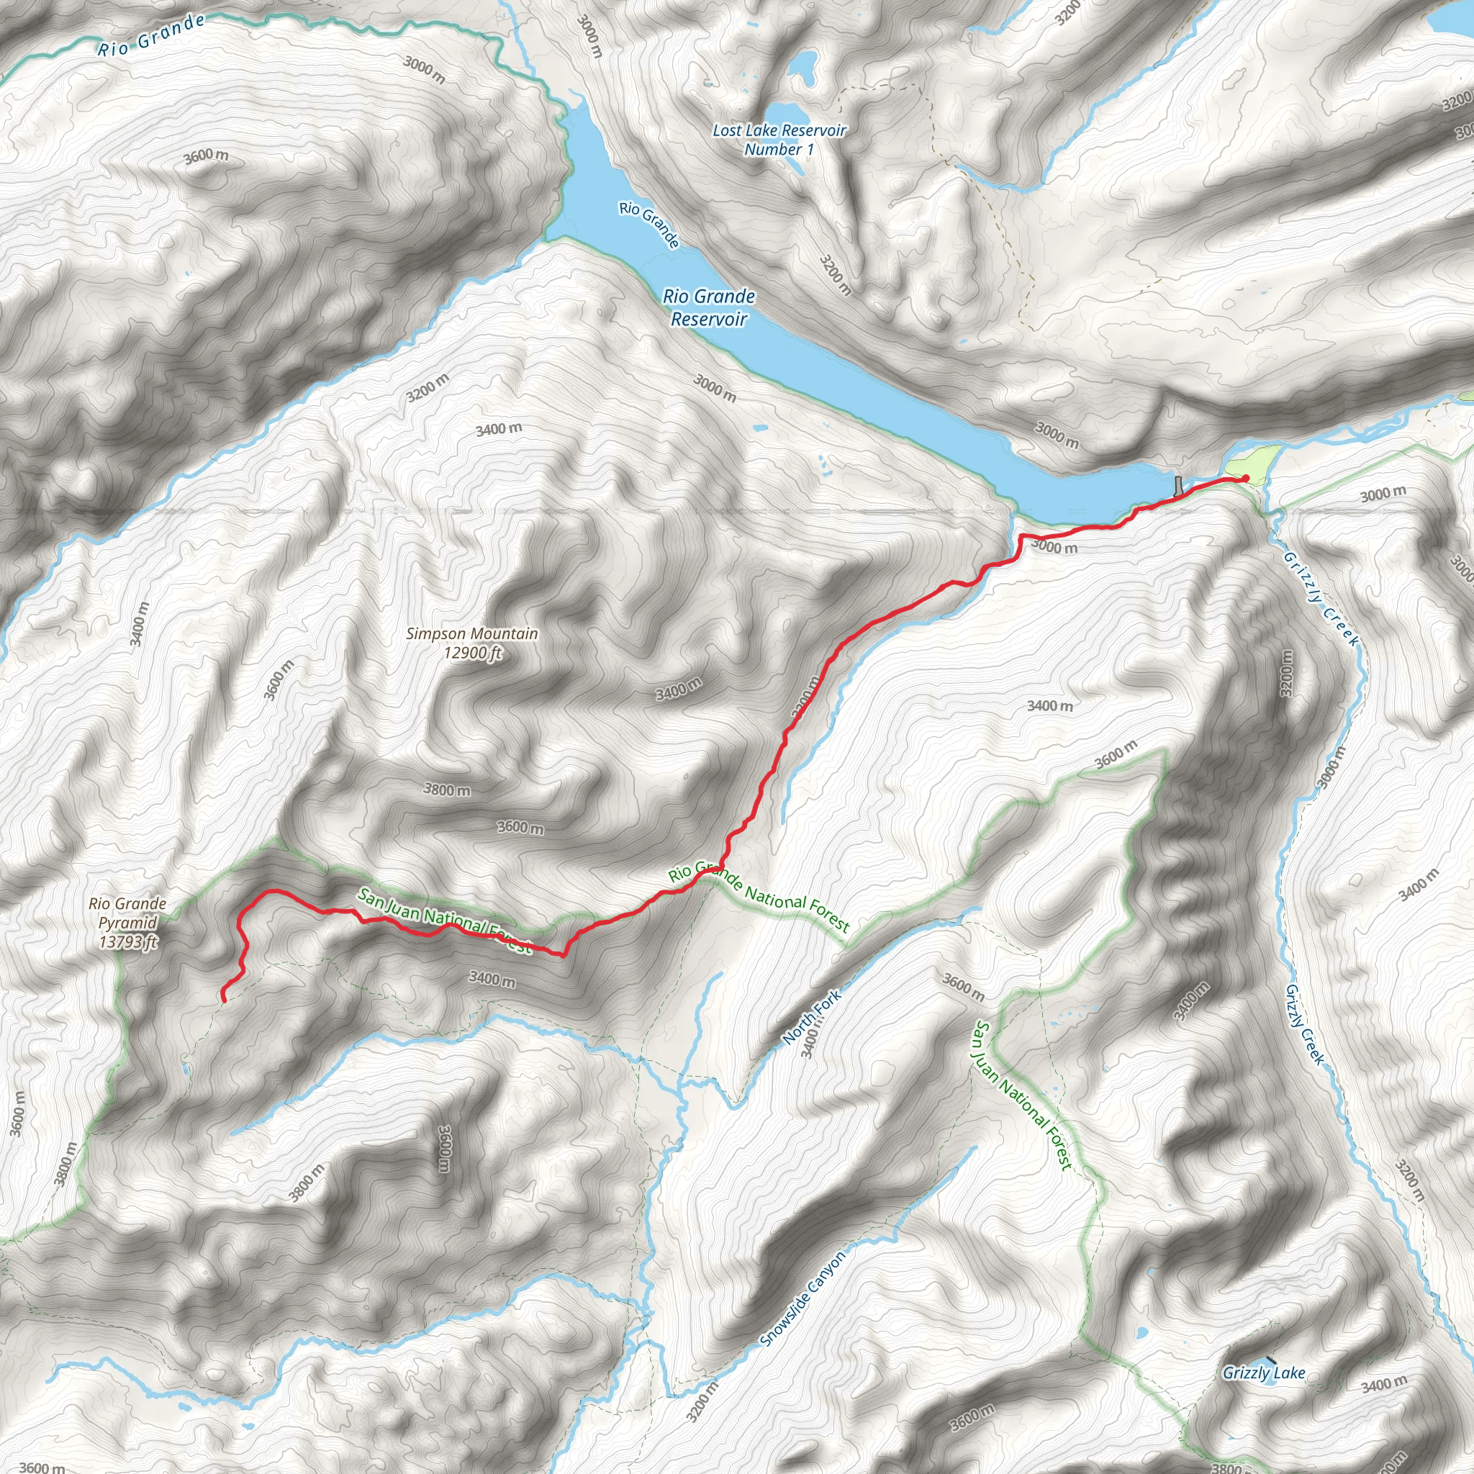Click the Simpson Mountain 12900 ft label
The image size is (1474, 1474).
pos(471,643)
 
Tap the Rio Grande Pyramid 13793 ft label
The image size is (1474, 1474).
pos(127,922)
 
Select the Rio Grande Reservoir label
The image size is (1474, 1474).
pos(709,307)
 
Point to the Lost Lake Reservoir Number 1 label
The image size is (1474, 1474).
pos(779,140)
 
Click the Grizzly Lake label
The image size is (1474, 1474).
pos(1263,1373)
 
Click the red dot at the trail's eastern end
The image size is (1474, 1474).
pos(1245,479)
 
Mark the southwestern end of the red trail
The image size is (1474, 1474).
pos(223,999)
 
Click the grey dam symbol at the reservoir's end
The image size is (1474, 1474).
pos(1180,485)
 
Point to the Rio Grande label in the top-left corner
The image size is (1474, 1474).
pos(151,36)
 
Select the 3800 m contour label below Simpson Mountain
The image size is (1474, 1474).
pos(447,790)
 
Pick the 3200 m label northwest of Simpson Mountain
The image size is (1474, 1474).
pos(428,388)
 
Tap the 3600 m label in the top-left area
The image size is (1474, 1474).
pos(205,156)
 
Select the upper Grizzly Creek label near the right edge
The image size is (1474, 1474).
pos(1321,599)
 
